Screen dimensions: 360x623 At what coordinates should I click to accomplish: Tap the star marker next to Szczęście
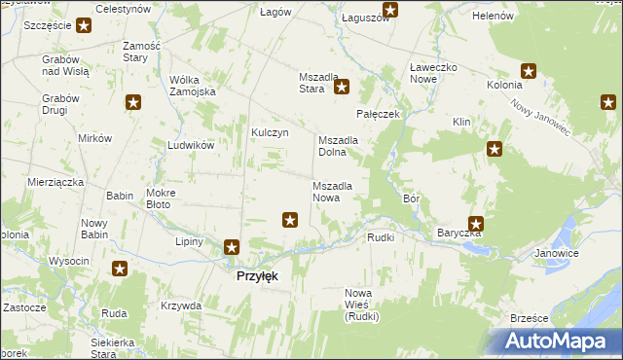coord(84,25)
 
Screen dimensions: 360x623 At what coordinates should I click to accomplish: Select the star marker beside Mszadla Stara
coord(343,88)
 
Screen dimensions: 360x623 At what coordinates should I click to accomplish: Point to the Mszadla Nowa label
coord(339,191)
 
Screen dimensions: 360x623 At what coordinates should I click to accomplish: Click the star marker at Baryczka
coord(476,223)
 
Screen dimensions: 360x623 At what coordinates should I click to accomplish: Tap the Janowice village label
coord(557,253)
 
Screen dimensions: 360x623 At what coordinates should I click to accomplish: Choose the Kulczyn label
coord(271,132)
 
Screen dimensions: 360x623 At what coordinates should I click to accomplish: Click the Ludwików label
coord(190,144)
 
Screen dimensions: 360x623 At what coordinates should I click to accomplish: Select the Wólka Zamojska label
coord(193,86)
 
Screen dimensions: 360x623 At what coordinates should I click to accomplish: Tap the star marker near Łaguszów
coord(390,11)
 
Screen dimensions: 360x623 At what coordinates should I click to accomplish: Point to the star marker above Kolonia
coord(529,70)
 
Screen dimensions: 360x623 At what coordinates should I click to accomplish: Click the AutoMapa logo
coord(559,342)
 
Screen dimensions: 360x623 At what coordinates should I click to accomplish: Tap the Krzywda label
coord(181,306)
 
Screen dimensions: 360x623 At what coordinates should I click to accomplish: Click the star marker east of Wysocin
coord(120,270)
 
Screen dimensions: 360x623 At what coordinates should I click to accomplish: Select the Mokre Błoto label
coord(160,198)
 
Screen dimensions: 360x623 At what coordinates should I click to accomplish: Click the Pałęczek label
coord(379,114)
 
